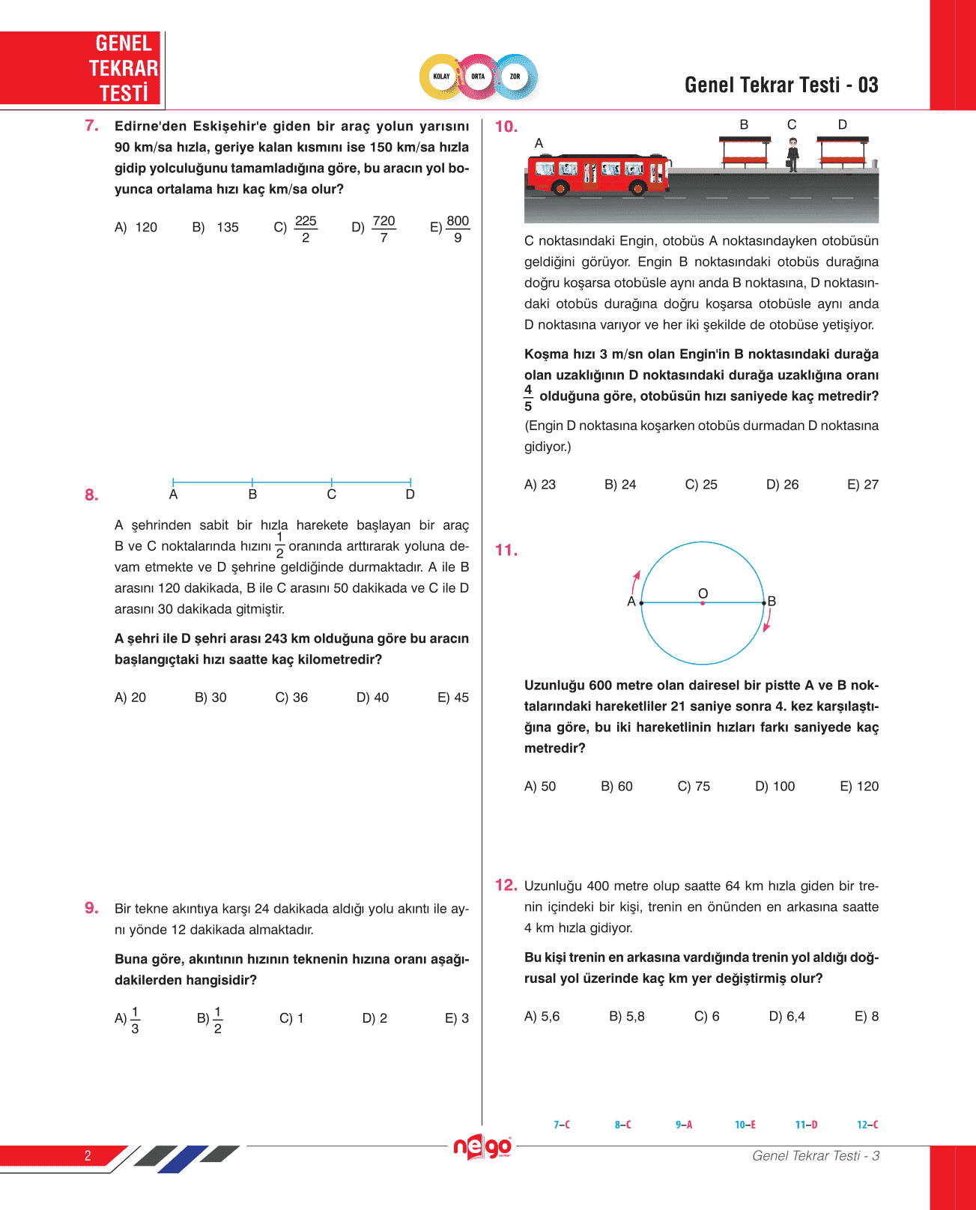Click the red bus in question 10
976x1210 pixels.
(x=598, y=172)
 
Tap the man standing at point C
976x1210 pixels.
(x=792, y=155)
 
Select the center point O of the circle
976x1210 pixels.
(x=703, y=602)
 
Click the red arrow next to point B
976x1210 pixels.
(x=767, y=620)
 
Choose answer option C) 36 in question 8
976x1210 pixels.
(x=291, y=698)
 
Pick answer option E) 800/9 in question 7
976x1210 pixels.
(x=450, y=229)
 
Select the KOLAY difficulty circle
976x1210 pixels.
(x=441, y=76)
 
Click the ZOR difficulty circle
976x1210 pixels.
(x=515, y=76)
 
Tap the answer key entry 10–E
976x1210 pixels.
(x=745, y=1125)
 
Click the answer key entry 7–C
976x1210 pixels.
(x=562, y=1125)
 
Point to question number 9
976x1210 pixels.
(x=91, y=908)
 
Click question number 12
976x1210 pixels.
(x=506, y=885)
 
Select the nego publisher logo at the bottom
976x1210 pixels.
(x=482, y=1147)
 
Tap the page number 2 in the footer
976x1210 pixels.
(x=88, y=1155)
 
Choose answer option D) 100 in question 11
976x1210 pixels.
(x=775, y=787)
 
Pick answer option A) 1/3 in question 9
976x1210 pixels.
(x=127, y=1019)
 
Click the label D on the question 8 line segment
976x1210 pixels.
(x=410, y=494)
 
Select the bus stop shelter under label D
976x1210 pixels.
(x=843, y=151)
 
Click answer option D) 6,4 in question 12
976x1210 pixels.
(x=786, y=1017)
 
